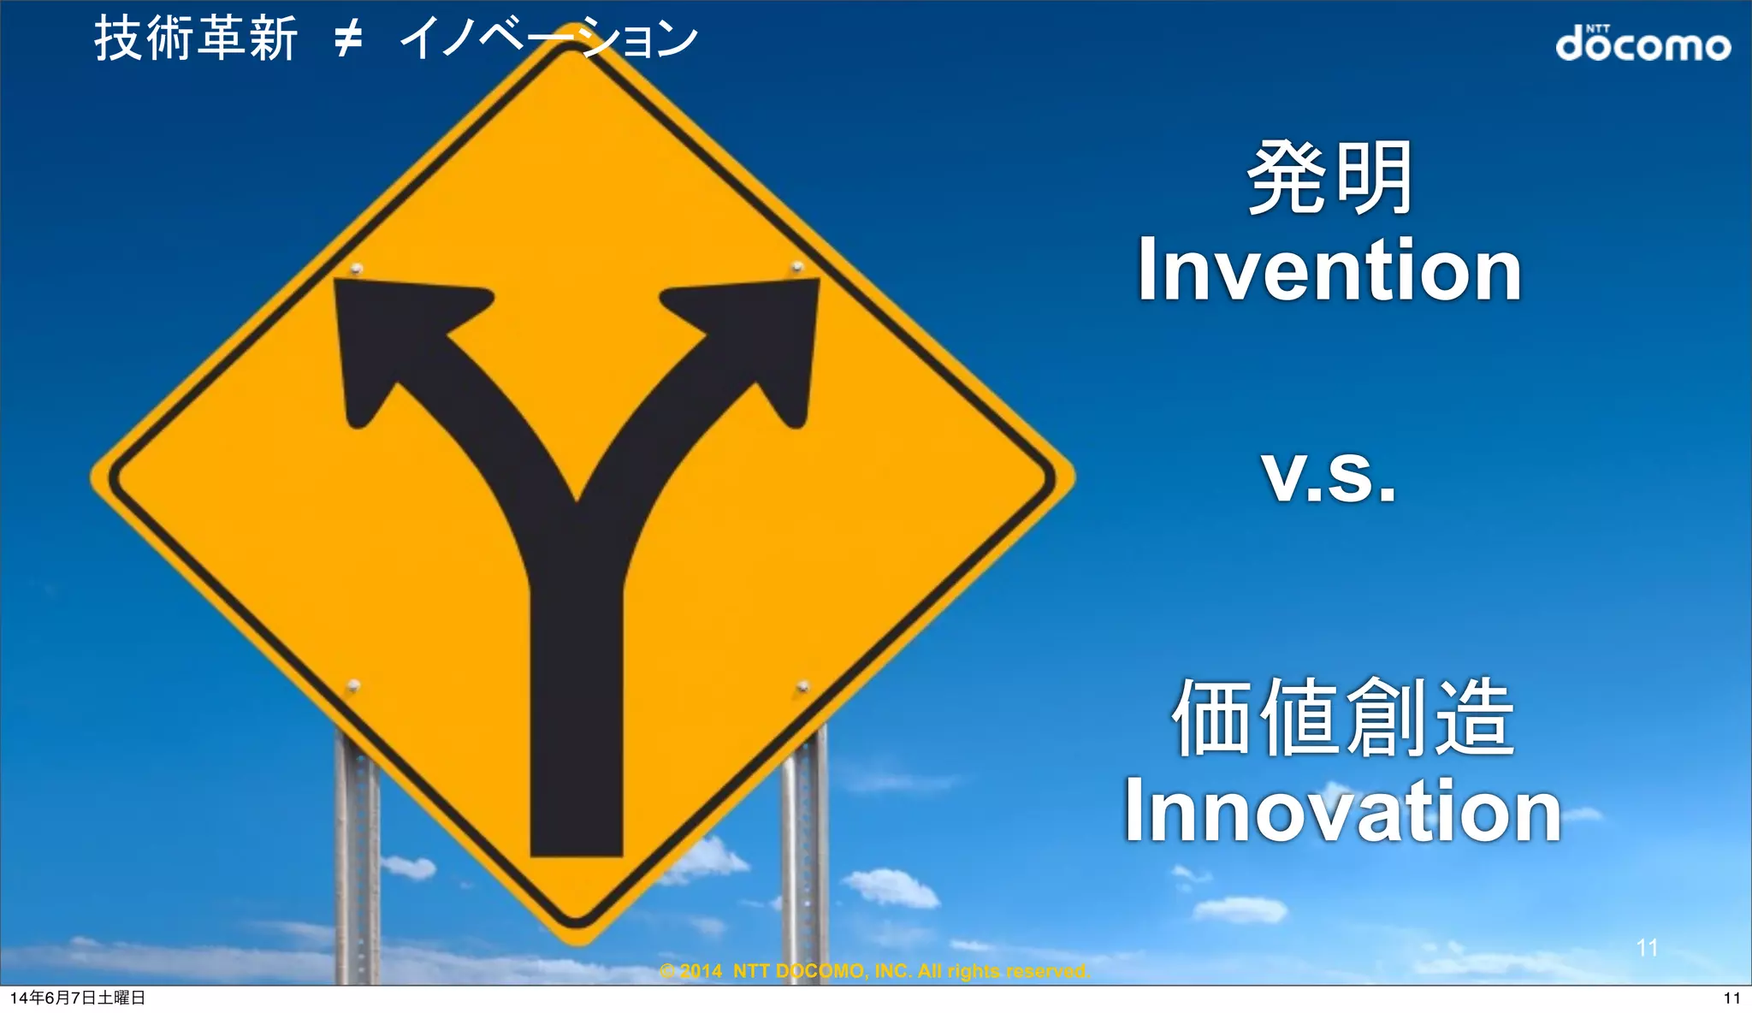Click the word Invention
1329,270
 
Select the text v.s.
1329,476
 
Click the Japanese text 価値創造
1343,717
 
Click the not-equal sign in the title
348,39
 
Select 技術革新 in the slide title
196,39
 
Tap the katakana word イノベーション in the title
548,39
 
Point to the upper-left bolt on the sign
357,270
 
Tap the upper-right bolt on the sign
797,267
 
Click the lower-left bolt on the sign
353,686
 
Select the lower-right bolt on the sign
802,686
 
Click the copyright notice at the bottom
874,971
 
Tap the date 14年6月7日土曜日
78,998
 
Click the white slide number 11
1647,948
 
